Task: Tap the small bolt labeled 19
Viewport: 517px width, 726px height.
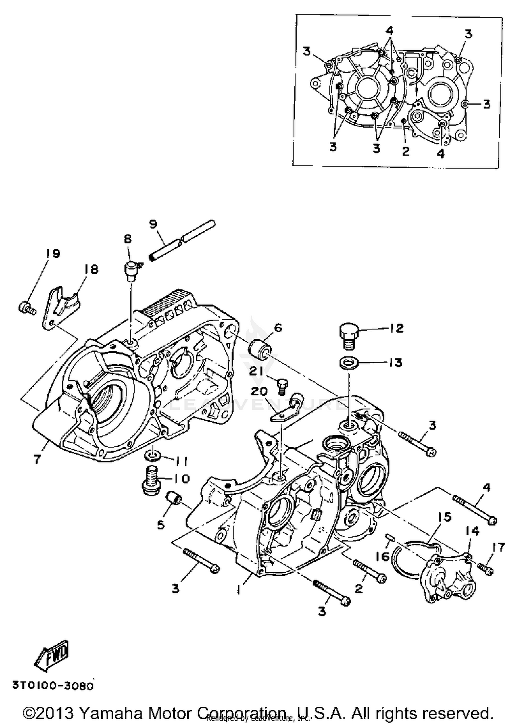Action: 26,307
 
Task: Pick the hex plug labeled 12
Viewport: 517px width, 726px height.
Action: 348,335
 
